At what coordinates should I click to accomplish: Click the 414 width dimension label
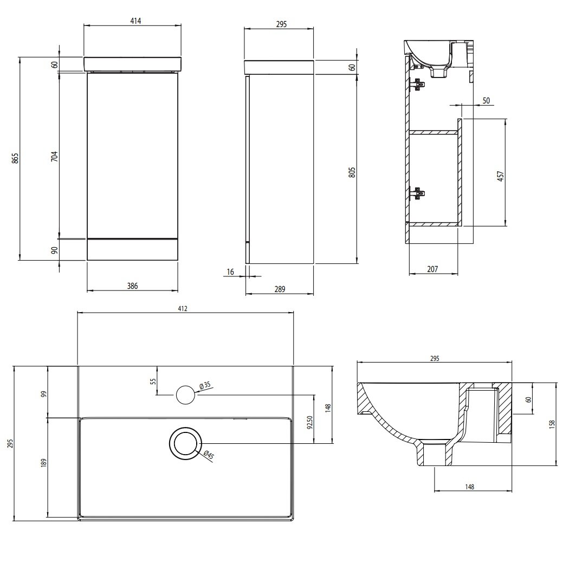pos(135,21)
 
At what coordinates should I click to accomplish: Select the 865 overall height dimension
pos(15,158)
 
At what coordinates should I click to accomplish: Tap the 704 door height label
pos(54,157)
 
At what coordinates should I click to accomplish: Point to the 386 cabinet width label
pos(132,286)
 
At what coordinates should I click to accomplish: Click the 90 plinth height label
pos(54,250)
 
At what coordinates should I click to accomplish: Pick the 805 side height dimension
pos(352,172)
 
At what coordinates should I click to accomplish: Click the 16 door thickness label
pos(230,272)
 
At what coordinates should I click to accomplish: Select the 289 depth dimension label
pos(280,289)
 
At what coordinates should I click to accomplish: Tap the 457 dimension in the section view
pos(500,176)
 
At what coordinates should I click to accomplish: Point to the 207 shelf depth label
pos(432,269)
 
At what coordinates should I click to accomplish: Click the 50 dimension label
pos(486,100)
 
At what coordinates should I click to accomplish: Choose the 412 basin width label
pos(183,308)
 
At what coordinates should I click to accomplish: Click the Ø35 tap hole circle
pos(185,395)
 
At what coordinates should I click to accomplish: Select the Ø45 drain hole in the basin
pos(185,443)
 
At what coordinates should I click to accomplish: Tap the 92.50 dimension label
pos(309,422)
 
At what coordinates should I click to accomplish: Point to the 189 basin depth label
pos(43,463)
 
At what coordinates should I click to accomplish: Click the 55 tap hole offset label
pos(153,381)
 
